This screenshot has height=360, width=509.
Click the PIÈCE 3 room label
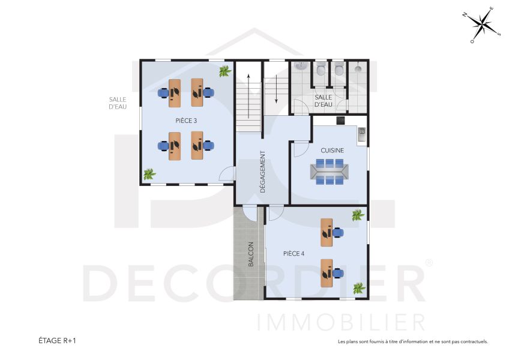pos(186,121)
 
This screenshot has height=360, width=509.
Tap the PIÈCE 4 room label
pos(294,254)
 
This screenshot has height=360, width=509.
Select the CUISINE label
pos(332,151)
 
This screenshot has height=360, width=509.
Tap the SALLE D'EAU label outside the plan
pos(118,103)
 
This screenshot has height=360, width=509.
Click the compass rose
pos(482,25)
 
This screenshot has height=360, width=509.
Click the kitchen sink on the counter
pos(362,134)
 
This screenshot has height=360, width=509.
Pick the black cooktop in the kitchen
pos(340,121)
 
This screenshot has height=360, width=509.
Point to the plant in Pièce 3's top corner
pos(224,71)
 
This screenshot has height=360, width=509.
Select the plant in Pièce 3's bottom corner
pos(149,175)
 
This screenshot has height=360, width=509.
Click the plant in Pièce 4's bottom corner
pos(359,288)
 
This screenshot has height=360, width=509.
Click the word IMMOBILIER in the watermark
pos(341,321)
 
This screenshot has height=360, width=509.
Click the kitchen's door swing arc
pos(298,148)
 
